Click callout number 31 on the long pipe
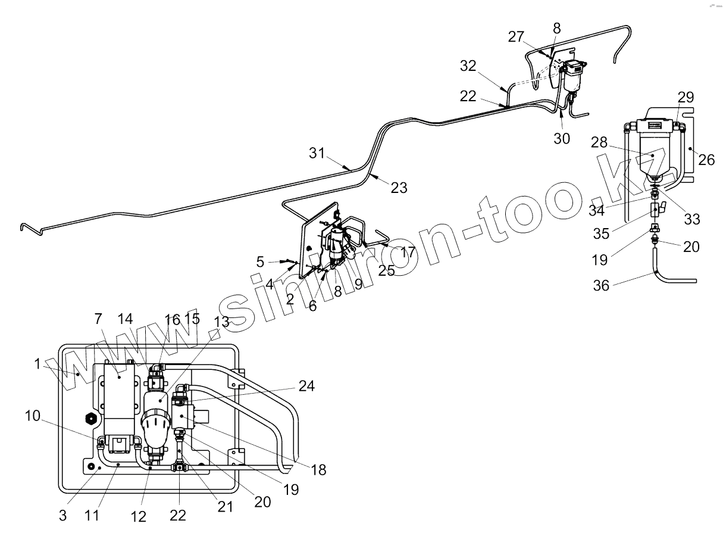coord(317,154)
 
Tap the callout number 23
coord(399,188)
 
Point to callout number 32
coord(468,66)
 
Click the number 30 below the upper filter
coord(562,138)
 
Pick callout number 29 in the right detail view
coord(686,97)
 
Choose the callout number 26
coord(707,160)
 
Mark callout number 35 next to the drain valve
coord(602,233)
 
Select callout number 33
coord(692,219)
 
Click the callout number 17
coord(408,252)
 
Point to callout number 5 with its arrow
coord(260,261)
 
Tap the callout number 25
coord(386,270)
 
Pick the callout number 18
coord(319,470)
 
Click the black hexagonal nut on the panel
coord(92,419)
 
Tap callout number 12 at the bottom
coord(138,517)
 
